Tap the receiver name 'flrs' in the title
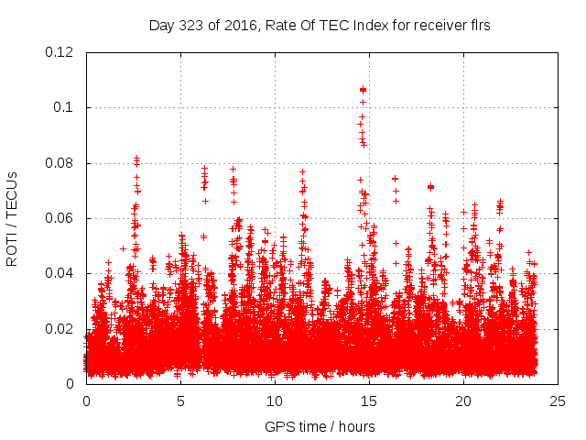pyautogui.click(x=478, y=26)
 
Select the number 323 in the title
pyautogui.click(x=190, y=26)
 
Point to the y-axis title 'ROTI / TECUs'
pyautogui.click(x=13, y=219)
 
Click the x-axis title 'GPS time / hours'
pyautogui.click(x=320, y=426)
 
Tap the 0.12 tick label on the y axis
pyautogui.click(x=60, y=52)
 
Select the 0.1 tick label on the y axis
pyautogui.click(x=63, y=108)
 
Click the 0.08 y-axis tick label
pyautogui.click(x=60, y=163)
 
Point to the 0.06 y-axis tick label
pyautogui.click(x=60, y=218)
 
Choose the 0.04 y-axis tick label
pyautogui.click(x=60, y=274)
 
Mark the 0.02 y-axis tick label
pyautogui.click(x=60, y=329)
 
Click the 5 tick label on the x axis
pyautogui.click(x=180, y=401)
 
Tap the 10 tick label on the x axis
pyautogui.click(x=275, y=401)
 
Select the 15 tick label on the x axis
pyautogui.click(x=369, y=401)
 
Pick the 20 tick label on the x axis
pyautogui.click(x=463, y=401)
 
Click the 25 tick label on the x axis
pyautogui.click(x=558, y=401)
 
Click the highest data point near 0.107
pyautogui.click(x=364, y=89)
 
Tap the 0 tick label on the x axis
pyautogui.click(x=86, y=401)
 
